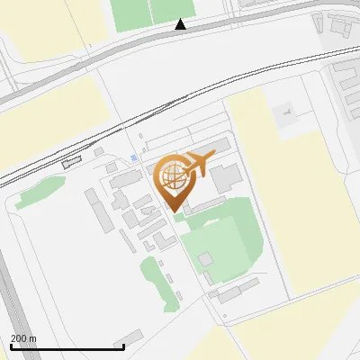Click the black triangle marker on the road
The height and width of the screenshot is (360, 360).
click(x=181, y=25)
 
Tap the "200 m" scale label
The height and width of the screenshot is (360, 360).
click(x=24, y=338)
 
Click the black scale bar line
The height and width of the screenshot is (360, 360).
click(x=67, y=347)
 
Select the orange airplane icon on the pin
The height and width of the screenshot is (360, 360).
click(x=200, y=163)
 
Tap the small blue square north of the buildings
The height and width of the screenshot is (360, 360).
click(x=134, y=158)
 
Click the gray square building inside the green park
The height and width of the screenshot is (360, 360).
click(x=206, y=259)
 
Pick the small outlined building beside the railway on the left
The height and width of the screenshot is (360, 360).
click(x=71, y=162)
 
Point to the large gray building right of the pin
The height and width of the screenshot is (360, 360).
click(x=226, y=175)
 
